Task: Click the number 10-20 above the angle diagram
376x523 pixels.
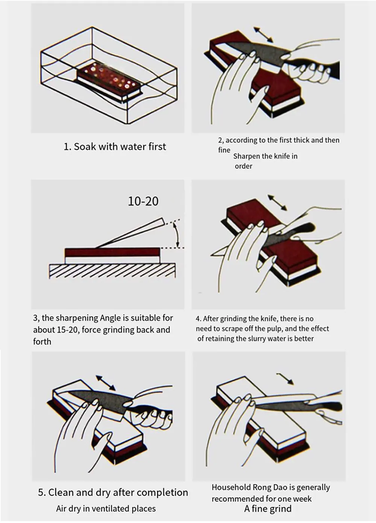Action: click(143, 201)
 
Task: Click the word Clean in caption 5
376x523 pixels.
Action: click(61, 486)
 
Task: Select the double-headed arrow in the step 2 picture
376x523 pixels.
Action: click(264, 35)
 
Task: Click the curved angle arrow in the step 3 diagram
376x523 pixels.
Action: click(177, 235)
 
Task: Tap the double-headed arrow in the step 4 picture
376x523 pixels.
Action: click(277, 202)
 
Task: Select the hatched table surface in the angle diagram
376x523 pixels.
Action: click(112, 271)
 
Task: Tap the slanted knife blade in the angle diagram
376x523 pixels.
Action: click(130, 232)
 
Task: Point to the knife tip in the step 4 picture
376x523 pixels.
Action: click(211, 255)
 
